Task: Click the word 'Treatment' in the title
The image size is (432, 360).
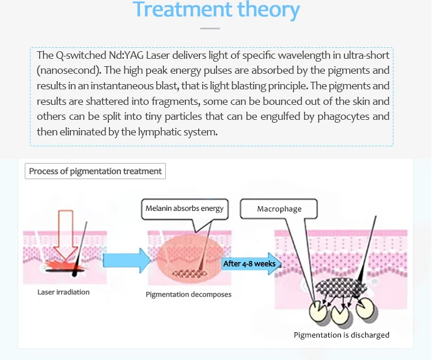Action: [x=183, y=9]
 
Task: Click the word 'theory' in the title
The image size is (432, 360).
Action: [x=268, y=10]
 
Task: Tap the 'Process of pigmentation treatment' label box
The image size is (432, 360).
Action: [x=95, y=171]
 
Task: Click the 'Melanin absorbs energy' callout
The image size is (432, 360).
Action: [x=184, y=209]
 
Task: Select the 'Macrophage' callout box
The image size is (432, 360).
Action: [x=279, y=209]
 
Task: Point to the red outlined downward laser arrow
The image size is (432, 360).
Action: [x=66, y=234]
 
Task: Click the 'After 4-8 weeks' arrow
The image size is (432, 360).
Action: [x=252, y=264]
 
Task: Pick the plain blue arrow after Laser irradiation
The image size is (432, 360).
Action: [x=127, y=260]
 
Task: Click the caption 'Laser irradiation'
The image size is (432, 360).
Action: [x=63, y=292]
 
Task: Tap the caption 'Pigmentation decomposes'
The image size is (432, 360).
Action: [x=188, y=294]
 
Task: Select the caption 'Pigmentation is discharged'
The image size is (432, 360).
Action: [x=342, y=335]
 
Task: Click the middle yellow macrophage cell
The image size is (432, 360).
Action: [x=340, y=315]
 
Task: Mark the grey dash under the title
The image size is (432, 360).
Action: [x=210, y=28]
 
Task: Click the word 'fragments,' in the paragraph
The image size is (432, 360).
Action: [x=176, y=101]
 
